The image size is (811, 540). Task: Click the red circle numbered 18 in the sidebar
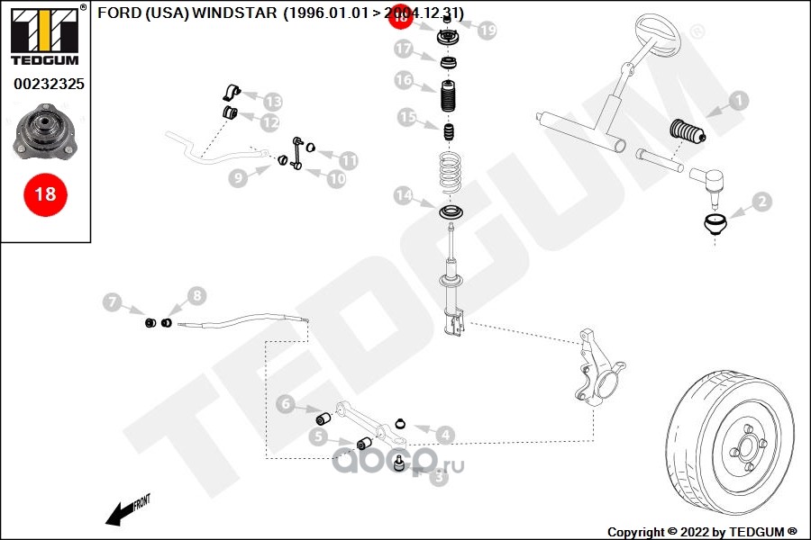(x=44, y=193)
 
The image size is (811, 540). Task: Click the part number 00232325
(x=44, y=84)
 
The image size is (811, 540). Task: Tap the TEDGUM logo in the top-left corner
(x=44, y=35)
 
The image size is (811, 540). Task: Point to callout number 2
(x=761, y=202)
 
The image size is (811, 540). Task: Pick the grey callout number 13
(x=271, y=102)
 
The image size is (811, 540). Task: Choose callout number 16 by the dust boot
(x=403, y=81)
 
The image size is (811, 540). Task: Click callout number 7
(x=112, y=302)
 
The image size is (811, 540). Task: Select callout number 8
(x=196, y=295)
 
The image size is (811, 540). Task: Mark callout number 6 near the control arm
(x=286, y=404)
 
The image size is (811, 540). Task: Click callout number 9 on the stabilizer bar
(x=237, y=178)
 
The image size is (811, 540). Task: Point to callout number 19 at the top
(x=487, y=31)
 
